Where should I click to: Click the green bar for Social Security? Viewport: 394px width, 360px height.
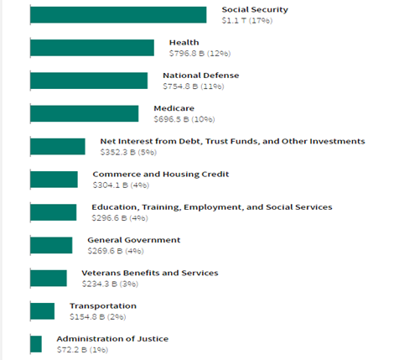point(117,15)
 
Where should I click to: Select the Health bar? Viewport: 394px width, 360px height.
point(91,47)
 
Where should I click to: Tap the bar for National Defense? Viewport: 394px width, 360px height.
point(88,80)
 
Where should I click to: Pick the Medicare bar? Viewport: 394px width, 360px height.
point(84,113)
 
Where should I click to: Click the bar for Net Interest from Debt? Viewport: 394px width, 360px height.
point(57,146)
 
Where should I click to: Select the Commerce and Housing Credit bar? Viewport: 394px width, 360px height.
point(54,179)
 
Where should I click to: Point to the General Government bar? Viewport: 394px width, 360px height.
point(50,244)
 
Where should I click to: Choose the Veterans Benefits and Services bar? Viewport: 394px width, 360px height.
point(48,278)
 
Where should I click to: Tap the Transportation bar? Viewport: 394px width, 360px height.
point(42,310)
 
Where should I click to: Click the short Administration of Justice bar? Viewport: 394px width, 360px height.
point(35,343)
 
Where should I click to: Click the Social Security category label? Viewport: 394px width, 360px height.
point(255,9)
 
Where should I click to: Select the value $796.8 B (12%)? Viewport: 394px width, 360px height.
point(200,53)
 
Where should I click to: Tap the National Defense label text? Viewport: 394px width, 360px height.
point(200,75)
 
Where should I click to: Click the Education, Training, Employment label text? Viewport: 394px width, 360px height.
point(211,206)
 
